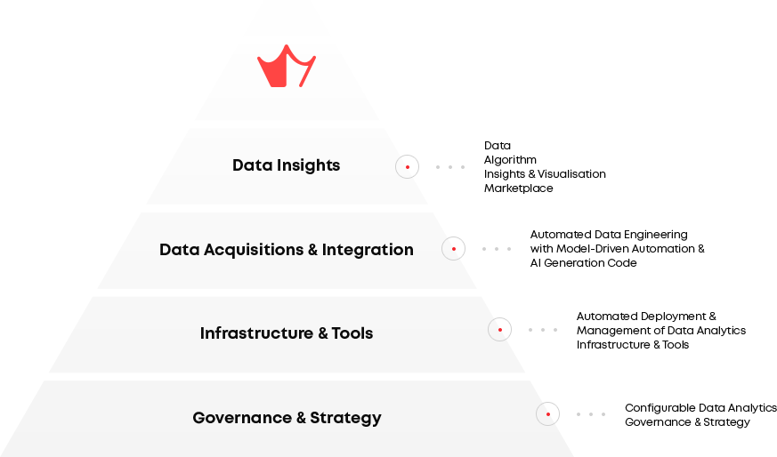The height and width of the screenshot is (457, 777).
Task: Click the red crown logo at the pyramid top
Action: pos(286,67)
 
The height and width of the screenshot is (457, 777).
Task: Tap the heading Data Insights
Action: pos(286,165)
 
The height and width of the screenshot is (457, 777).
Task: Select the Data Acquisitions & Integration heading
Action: pos(287,250)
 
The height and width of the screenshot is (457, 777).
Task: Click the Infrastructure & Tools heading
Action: pos(287,333)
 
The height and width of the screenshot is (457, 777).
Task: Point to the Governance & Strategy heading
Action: pos(287,418)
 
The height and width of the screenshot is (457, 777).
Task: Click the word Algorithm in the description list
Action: pos(510,160)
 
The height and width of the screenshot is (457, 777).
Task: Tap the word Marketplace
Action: pos(518,188)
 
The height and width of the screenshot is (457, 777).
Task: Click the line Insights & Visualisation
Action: pos(545,173)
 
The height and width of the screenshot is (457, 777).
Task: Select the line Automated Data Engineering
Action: pos(609,234)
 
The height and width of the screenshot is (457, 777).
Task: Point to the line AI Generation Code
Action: pos(583,263)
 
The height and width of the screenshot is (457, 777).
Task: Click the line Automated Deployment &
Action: pos(646,316)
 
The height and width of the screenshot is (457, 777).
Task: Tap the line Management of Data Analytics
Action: pos(661,330)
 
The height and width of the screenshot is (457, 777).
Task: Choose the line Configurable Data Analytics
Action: pos(700,407)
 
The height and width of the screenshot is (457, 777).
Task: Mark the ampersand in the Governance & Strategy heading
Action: pos(301,418)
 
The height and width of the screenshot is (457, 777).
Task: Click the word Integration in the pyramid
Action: pos(368,250)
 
